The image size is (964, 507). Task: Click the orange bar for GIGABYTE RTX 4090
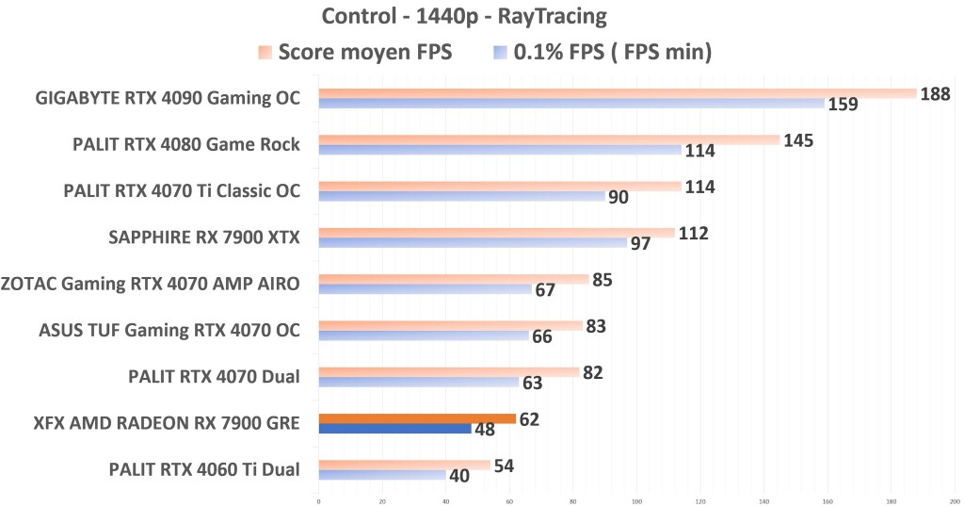pos(617,93)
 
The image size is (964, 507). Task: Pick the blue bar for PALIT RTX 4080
pos(499,150)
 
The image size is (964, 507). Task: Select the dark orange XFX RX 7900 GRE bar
pos(417,418)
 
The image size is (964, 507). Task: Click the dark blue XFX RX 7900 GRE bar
pos(394,429)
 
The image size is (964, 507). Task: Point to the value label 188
pos(936,93)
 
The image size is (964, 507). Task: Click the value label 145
pos(798,140)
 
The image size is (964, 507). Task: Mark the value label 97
pos(640,244)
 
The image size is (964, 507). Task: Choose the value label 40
pos(459,477)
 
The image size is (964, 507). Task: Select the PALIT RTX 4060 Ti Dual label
pos(204,470)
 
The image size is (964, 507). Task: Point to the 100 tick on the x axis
pos(637,499)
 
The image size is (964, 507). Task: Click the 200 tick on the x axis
pos(955,499)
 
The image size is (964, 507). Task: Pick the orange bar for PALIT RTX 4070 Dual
pos(448,372)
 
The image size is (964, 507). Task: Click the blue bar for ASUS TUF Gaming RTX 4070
pos(424,336)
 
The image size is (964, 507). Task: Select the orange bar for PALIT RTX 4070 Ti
pos(499,187)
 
